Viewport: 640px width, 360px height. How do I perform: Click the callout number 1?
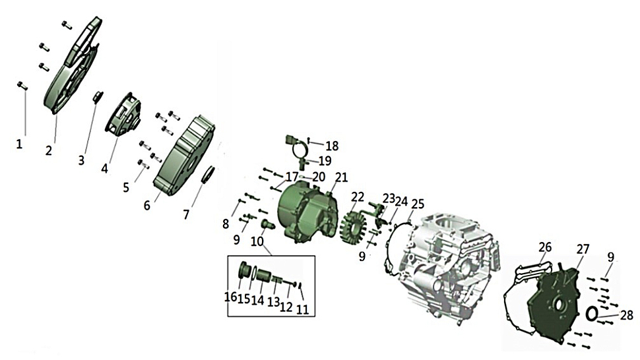click(x=19, y=144)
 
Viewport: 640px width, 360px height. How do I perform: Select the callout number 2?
click(x=49, y=150)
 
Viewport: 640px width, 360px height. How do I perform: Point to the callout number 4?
click(x=104, y=168)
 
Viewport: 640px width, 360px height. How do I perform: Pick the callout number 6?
click(x=147, y=205)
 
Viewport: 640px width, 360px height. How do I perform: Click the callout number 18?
click(x=333, y=146)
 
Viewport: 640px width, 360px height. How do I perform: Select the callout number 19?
click(x=325, y=161)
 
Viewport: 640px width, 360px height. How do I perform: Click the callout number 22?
click(x=358, y=197)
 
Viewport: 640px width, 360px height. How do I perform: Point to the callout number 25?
click(x=418, y=204)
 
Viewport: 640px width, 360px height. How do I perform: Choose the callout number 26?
click(x=545, y=247)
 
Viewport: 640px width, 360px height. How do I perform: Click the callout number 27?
click(x=583, y=249)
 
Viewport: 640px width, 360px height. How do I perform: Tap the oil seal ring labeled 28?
click(x=592, y=313)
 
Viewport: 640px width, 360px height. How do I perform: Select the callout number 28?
click(x=627, y=315)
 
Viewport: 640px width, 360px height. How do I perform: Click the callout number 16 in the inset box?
click(x=231, y=297)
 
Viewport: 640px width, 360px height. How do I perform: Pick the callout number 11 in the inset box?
click(x=302, y=309)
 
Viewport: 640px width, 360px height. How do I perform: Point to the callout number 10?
click(x=257, y=241)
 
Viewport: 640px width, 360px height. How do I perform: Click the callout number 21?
click(x=341, y=177)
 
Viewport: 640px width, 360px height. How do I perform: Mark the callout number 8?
click(x=226, y=224)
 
